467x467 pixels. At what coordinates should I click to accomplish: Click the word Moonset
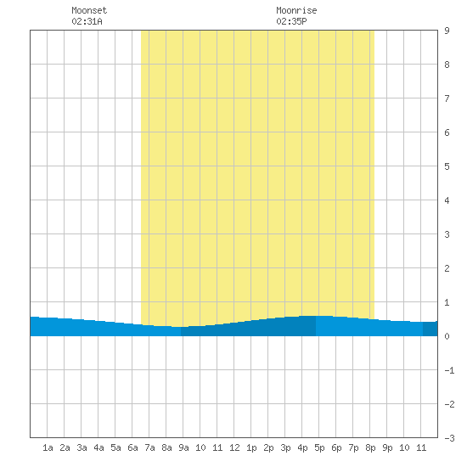[x=89, y=10]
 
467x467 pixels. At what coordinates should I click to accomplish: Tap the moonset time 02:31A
[x=87, y=21]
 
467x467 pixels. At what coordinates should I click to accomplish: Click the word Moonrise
[x=296, y=10]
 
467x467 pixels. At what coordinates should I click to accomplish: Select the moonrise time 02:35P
[x=291, y=21]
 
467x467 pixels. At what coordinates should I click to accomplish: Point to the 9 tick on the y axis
[x=447, y=31]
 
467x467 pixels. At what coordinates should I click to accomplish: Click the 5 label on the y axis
[x=447, y=166]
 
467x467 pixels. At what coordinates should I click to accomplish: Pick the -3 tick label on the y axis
[x=449, y=438]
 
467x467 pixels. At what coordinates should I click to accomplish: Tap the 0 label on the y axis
[x=447, y=336]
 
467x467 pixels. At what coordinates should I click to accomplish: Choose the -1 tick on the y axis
[x=449, y=370]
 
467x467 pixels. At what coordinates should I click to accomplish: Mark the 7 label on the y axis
[x=447, y=98]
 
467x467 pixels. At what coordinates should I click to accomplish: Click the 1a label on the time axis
[x=48, y=447]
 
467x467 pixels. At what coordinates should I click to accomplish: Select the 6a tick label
[x=132, y=447]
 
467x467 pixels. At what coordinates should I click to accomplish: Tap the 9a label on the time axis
[x=183, y=447]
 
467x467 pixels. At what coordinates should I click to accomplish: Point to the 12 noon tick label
[x=234, y=447]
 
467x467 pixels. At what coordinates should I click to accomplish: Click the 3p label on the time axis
[x=285, y=447]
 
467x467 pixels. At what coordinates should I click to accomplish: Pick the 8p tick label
[x=370, y=447]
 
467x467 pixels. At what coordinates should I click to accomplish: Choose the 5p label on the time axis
[x=319, y=447]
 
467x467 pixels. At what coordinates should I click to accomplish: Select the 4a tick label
[x=98, y=447]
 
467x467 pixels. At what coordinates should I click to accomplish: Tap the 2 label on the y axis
[x=447, y=268]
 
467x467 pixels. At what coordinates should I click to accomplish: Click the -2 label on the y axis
[x=449, y=404]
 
